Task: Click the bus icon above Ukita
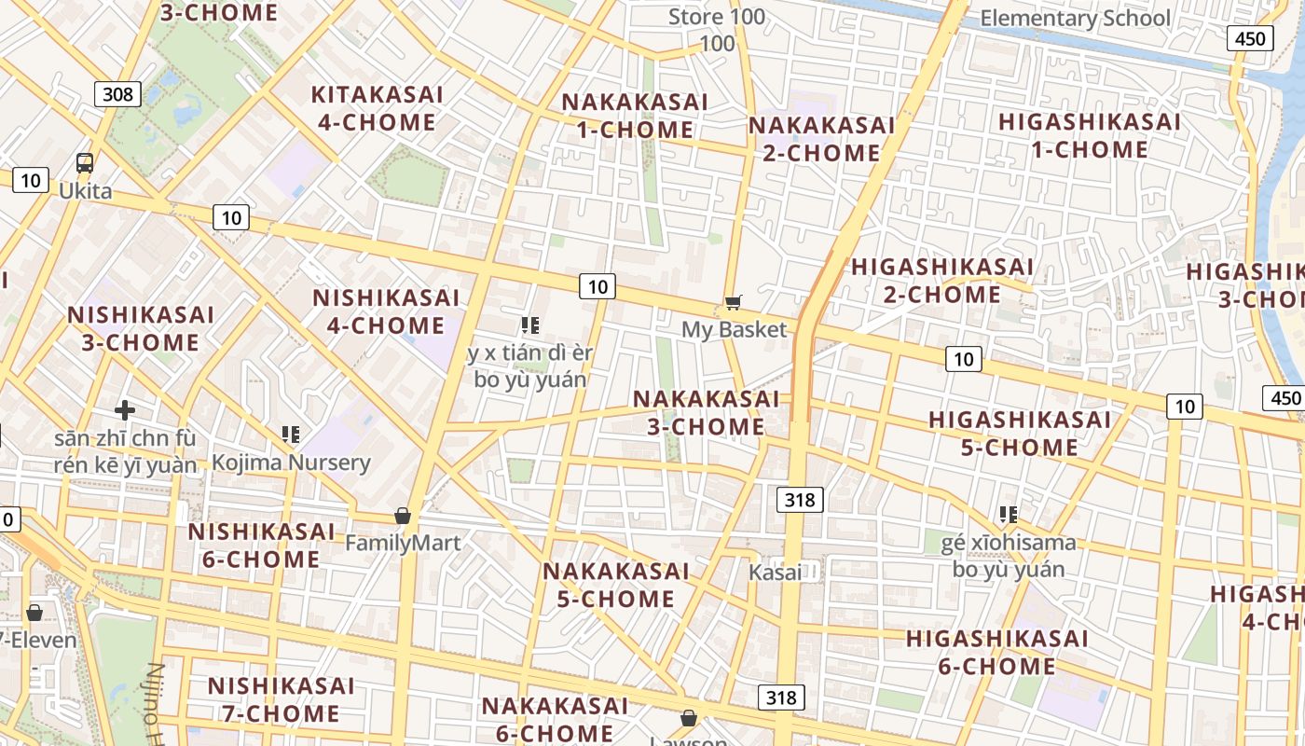(x=85, y=163)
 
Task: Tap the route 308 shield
(x=117, y=93)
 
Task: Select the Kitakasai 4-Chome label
(x=377, y=108)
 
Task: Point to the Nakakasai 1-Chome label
(x=635, y=116)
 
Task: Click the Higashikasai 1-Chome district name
(x=1089, y=135)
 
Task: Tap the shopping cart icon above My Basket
(x=734, y=302)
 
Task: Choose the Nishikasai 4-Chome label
(x=386, y=311)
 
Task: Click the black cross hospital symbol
(x=125, y=409)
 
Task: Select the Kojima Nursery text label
(x=291, y=463)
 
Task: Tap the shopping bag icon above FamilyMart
(x=403, y=516)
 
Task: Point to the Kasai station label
(x=775, y=573)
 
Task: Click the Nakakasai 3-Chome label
(x=706, y=412)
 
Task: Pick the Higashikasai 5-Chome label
(x=1020, y=434)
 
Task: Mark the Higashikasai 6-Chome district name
(x=996, y=652)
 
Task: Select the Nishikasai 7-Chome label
(x=281, y=699)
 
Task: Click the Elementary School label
(x=1075, y=18)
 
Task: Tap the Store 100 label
(x=717, y=17)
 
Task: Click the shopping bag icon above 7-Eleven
(x=34, y=613)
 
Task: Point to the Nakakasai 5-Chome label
(x=615, y=585)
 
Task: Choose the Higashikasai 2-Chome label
(x=941, y=281)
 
